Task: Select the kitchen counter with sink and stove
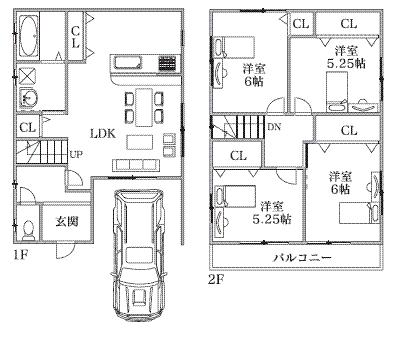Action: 140,62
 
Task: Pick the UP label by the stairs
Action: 76,153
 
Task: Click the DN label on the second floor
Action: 274,126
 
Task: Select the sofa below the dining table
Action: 135,164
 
